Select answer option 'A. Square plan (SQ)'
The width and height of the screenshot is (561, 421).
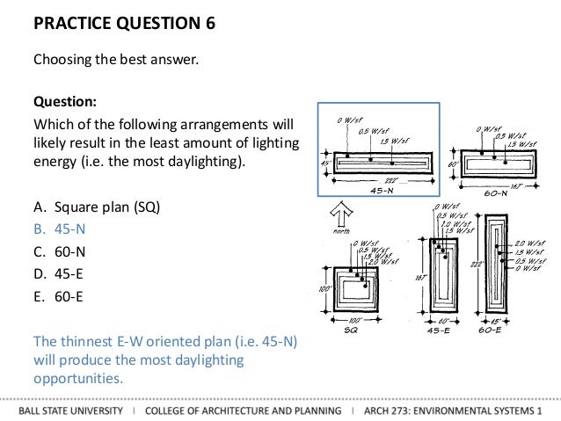click(x=97, y=207)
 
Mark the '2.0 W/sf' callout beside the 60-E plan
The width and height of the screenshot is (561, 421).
click(x=531, y=243)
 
